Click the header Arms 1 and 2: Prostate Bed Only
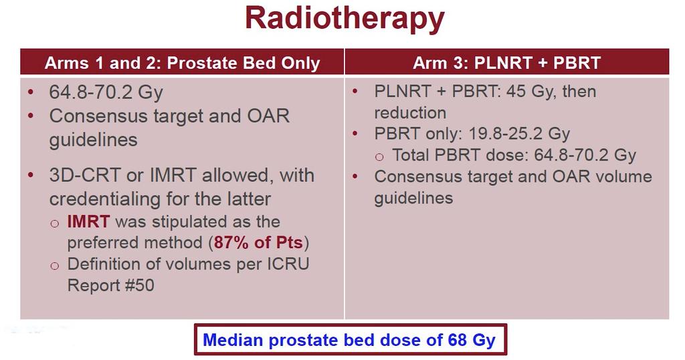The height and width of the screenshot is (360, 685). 182,63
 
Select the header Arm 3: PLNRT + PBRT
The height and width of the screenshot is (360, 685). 507,63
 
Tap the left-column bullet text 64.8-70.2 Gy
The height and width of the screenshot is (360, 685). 106,92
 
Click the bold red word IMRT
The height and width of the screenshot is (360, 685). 88,221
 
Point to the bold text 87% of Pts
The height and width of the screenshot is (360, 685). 259,242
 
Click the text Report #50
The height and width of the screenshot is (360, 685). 110,285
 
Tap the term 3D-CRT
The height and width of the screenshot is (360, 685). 85,175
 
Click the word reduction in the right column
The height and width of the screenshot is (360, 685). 410,112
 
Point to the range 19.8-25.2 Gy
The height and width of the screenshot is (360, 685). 519,133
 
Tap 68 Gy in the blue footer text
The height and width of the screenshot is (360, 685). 472,340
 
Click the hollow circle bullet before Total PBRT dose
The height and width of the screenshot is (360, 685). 380,157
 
